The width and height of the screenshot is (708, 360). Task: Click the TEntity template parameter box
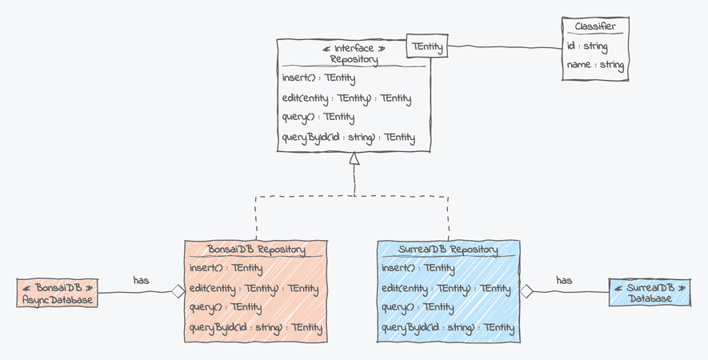427,47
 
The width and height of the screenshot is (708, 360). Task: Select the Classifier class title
594,26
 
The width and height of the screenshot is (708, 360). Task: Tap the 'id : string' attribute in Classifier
587,46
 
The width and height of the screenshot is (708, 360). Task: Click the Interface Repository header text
354,54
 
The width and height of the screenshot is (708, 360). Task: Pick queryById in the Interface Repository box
348,138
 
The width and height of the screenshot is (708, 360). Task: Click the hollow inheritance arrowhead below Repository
354,158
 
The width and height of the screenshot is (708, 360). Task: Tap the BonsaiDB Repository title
256,250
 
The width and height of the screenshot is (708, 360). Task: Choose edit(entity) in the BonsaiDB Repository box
254,288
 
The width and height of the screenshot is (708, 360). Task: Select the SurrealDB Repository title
448,250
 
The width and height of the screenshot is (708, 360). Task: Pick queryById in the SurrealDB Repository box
447,328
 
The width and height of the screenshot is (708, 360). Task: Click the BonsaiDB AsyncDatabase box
58,293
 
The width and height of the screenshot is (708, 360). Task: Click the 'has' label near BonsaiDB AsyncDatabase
142,280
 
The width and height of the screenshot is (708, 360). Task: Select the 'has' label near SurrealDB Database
564,280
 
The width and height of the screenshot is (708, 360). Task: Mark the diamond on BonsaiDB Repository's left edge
178,292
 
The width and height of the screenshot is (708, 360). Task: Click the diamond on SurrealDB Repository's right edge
526,291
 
